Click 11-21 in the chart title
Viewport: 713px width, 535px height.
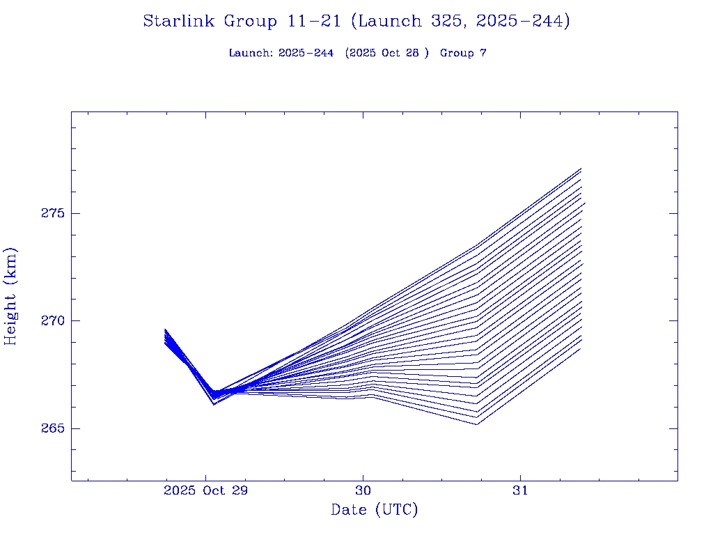point(313,22)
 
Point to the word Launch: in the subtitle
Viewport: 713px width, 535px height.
point(251,53)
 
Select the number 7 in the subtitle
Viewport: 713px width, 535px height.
point(483,53)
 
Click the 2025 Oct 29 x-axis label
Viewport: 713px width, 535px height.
point(205,490)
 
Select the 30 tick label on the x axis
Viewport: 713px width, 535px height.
point(363,490)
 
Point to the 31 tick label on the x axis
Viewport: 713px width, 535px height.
point(520,490)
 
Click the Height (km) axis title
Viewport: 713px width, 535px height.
point(10,296)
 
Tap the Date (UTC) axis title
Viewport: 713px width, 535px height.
point(375,511)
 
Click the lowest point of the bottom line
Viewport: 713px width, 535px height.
point(477,424)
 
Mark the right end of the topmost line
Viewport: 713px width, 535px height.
point(581,169)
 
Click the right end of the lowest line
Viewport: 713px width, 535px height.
point(581,348)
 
